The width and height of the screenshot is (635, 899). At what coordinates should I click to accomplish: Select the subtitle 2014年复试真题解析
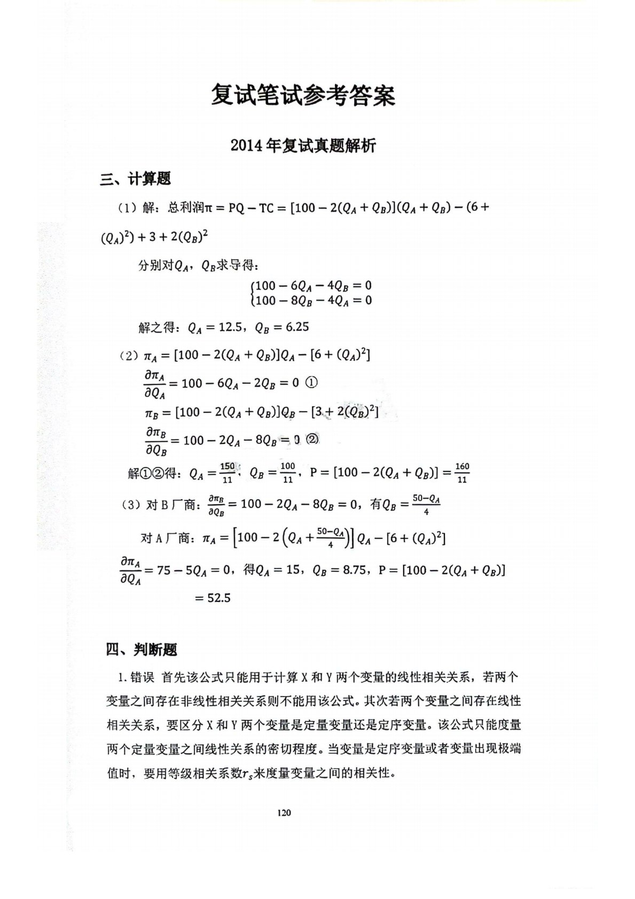click(303, 145)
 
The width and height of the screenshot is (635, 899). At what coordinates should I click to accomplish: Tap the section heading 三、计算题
click(136, 179)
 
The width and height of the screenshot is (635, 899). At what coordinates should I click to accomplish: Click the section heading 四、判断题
click(142, 650)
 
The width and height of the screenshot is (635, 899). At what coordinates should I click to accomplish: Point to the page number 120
click(284, 812)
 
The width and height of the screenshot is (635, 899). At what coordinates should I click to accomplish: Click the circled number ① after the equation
click(313, 383)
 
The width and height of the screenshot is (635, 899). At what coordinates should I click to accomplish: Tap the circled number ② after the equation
click(313, 440)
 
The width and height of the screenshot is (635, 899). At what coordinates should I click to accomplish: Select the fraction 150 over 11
click(228, 472)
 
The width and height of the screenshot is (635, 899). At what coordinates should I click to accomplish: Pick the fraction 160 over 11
click(462, 472)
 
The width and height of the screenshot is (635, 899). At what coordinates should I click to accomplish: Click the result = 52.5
click(212, 598)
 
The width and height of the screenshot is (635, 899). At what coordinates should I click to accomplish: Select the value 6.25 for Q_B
click(297, 327)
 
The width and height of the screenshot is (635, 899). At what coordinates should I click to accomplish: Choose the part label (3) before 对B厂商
click(130, 505)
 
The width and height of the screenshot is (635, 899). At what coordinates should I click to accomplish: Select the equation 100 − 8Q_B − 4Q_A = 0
click(313, 300)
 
